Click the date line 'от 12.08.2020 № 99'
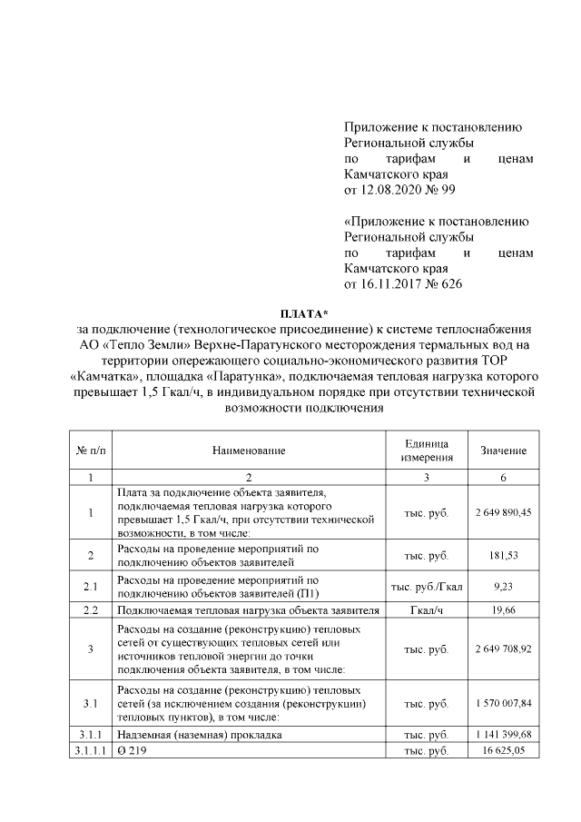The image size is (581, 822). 400,191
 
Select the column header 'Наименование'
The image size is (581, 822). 249,451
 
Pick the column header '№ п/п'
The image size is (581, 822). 90,451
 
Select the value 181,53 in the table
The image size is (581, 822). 502,555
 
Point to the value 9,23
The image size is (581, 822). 502,587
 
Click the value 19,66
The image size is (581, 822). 502,611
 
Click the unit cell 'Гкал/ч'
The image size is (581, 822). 426,611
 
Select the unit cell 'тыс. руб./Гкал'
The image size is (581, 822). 426,587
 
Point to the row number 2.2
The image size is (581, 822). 90,611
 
